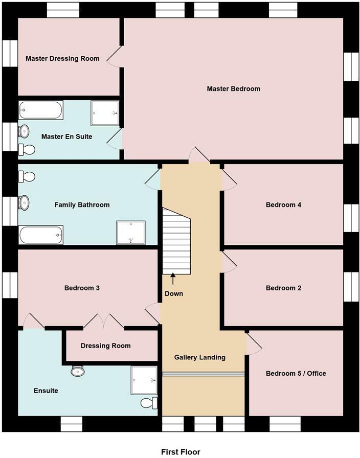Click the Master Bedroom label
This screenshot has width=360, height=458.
(x=233, y=89)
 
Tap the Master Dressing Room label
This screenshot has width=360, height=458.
(x=62, y=58)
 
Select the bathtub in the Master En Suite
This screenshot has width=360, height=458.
(x=41, y=110)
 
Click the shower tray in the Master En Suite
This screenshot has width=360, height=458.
(x=105, y=113)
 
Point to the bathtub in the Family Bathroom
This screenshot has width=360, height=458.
(x=41, y=235)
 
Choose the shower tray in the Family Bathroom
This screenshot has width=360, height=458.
(x=130, y=233)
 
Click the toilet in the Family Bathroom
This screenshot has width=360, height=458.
(x=27, y=177)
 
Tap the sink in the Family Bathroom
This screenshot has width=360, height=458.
(x=24, y=203)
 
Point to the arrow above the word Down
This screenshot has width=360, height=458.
(x=173, y=279)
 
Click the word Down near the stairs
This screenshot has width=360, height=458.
(x=174, y=294)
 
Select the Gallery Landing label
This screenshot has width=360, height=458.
(x=199, y=357)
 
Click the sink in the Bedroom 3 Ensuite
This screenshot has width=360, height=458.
(x=78, y=371)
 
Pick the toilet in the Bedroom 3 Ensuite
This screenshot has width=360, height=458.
(x=148, y=403)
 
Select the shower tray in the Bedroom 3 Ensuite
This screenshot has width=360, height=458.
(x=144, y=380)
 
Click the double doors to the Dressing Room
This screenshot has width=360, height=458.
(x=103, y=321)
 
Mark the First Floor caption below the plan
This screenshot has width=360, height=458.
(x=181, y=452)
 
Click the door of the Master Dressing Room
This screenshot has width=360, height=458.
(x=114, y=55)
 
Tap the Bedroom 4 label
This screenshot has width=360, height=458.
(x=283, y=205)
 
